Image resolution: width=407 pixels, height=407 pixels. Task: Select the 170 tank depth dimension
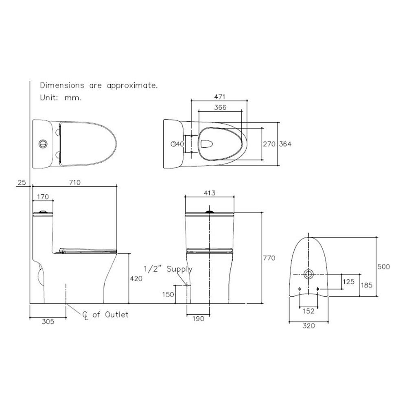click(x=43, y=197)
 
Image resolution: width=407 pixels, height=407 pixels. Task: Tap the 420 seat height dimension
click(x=136, y=279)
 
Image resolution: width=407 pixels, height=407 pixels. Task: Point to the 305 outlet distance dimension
click(x=48, y=322)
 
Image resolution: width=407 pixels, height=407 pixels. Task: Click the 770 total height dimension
click(x=269, y=258)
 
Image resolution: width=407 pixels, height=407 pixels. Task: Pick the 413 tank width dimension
click(x=210, y=193)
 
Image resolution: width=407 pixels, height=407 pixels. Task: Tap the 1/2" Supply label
click(x=168, y=269)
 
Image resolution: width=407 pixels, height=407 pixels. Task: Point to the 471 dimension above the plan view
click(x=219, y=97)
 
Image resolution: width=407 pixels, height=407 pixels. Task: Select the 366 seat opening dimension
click(x=219, y=107)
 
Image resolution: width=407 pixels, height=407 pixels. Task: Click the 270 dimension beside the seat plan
click(x=269, y=144)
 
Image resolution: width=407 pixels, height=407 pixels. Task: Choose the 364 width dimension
click(x=285, y=144)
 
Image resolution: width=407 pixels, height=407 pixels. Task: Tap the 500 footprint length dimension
click(x=383, y=267)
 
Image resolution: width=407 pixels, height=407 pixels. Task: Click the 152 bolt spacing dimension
click(x=309, y=311)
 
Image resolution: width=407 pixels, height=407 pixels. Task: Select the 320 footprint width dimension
click(x=309, y=325)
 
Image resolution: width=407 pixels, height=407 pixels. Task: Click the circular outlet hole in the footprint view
click(x=309, y=274)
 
